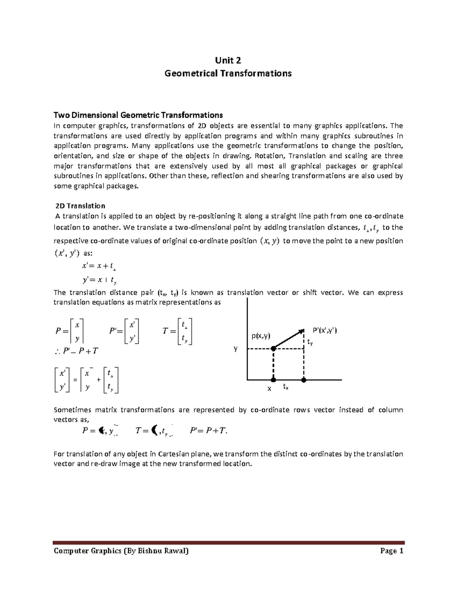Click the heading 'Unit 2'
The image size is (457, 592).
(228, 61)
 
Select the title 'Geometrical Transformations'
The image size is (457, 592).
(228, 73)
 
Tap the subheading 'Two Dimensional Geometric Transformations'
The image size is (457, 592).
(138, 115)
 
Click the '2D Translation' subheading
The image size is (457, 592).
(80, 206)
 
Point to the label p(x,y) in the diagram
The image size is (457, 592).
(260, 336)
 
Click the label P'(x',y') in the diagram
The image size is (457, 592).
(324, 330)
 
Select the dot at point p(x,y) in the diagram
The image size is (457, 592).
(273, 348)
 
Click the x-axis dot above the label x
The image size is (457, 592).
(273, 380)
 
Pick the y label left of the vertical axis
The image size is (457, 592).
(236, 348)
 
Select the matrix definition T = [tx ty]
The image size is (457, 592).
(177, 332)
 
